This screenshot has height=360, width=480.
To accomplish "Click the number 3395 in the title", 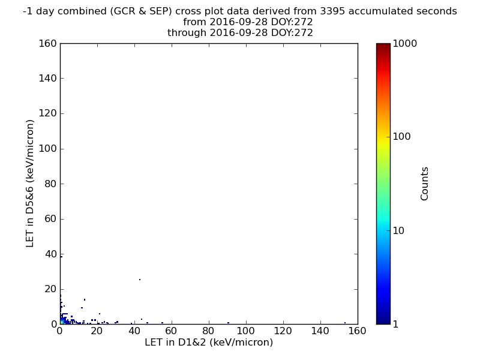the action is (332, 11).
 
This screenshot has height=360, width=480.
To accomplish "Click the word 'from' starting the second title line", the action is (194, 22).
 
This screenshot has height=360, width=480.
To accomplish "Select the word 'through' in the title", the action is (187, 33).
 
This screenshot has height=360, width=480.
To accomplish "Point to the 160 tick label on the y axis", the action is (48, 43).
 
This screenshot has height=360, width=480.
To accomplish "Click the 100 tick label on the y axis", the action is (48, 149).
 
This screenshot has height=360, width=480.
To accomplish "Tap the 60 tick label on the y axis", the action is (51, 219).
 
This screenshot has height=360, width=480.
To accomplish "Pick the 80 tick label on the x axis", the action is (209, 331).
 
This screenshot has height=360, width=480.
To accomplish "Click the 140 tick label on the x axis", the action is (320, 331).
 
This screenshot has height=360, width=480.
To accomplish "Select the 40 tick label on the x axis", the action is (134, 331).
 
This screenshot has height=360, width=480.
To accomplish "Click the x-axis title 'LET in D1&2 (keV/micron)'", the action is (209, 342).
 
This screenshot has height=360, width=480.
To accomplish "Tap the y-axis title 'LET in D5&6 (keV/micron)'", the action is (29, 184).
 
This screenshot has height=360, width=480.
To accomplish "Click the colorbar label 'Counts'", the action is (424, 184).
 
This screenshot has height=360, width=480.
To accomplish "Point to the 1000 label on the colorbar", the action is (404, 43).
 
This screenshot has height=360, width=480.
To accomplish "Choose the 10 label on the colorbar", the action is (398, 230).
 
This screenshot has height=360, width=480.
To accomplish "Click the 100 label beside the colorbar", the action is (401, 137).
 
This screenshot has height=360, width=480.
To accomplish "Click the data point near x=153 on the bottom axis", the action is (345, 323).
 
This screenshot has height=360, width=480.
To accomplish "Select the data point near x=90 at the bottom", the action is (229, 323).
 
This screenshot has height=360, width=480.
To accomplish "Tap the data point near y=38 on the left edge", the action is (62, 257).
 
